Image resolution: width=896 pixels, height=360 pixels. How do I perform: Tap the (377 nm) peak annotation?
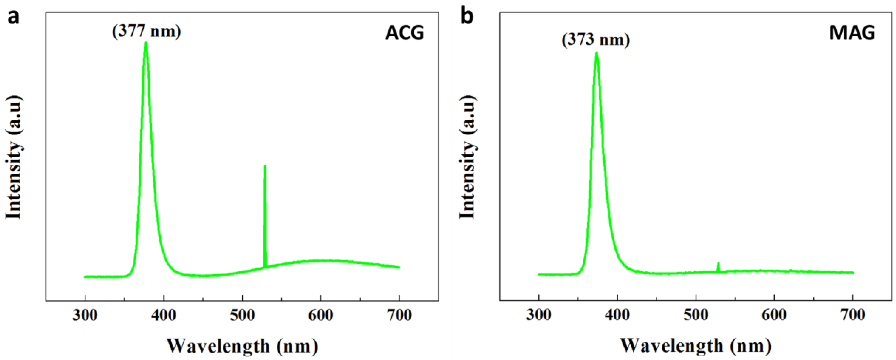click(146, 31)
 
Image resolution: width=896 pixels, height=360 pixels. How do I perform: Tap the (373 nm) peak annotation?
click(595, 40)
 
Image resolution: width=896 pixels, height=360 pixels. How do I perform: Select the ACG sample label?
click(404, 33)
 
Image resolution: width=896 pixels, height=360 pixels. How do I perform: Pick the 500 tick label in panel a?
click(242, 315)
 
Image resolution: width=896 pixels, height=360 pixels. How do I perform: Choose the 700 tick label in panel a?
click(399, 315)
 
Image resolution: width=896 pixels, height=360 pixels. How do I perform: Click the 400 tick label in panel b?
click(617, 315)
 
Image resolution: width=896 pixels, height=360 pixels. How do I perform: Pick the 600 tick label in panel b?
click(774, 315)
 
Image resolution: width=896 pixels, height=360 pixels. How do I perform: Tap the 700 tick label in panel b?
click(852, 315)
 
